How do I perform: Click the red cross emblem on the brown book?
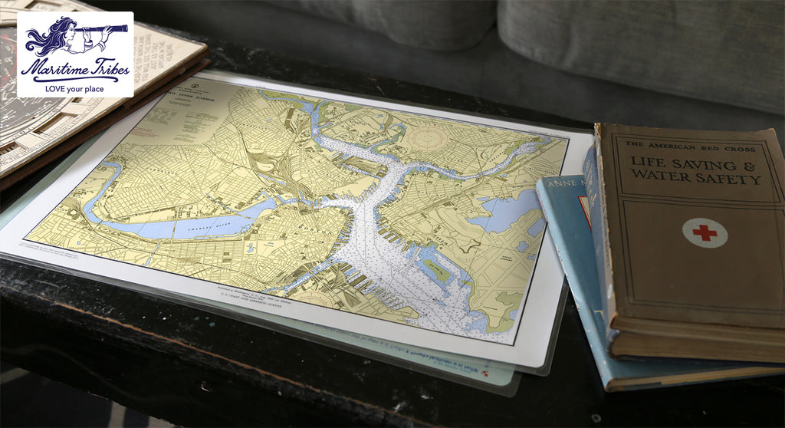click(705, 232)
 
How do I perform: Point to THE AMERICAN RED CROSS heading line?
click(689, 145)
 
